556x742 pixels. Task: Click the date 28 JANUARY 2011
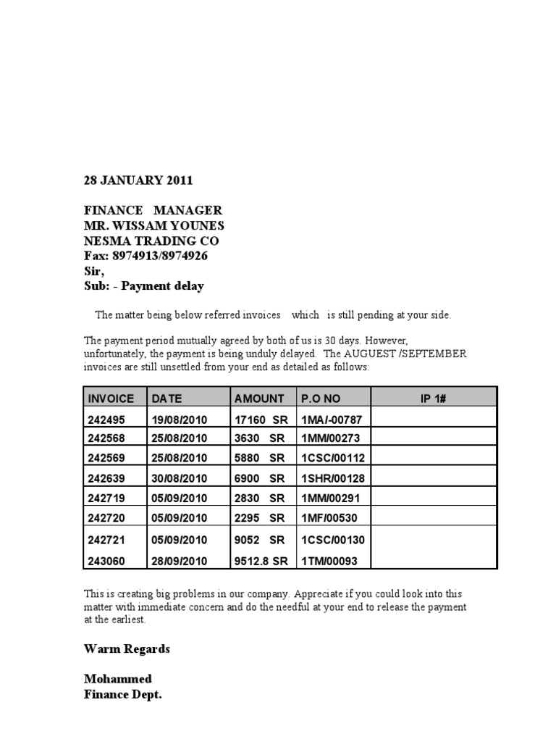[138, 180]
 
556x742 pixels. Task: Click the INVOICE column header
[111, 398]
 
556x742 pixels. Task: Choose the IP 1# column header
[433, 398]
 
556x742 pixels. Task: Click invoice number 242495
[106, 418]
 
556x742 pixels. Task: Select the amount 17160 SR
[261, 418]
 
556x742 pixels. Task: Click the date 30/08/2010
[180, 478]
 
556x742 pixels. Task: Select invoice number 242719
[106, 498]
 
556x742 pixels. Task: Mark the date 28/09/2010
[180, 561]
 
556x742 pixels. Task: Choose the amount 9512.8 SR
[261, 561]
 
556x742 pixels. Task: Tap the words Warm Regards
[127, 649]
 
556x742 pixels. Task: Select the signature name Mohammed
[118, 679]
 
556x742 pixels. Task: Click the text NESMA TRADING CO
[151, 241]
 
